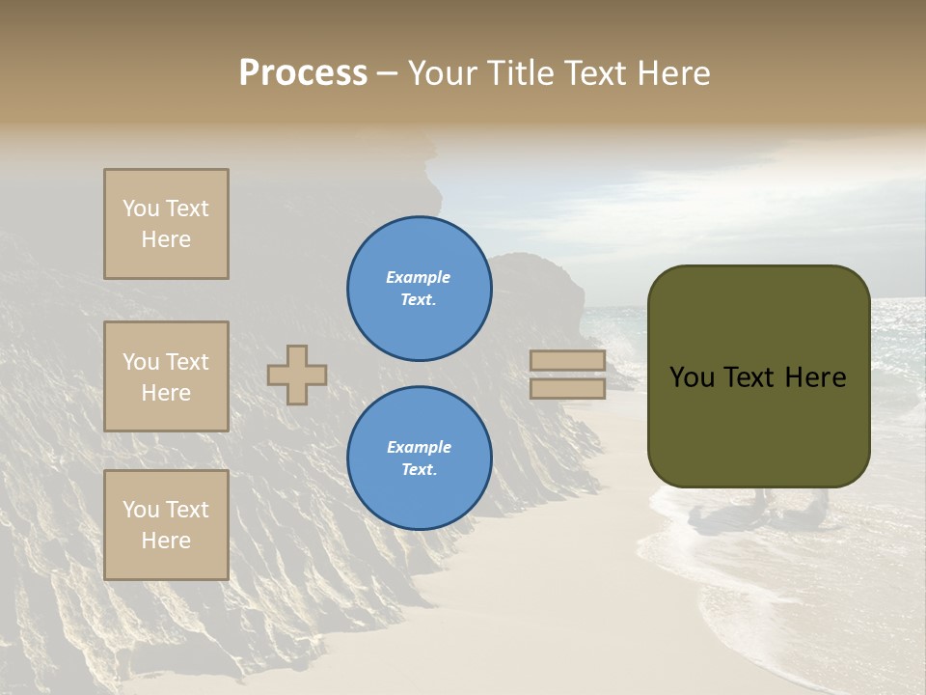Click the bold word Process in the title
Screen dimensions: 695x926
pos(303,73)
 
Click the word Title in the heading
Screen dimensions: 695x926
pos(521,73)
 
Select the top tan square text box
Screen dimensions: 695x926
pos(166,224)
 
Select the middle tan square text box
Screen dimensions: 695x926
pos(166,376)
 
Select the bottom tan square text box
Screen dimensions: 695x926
pos(166,525)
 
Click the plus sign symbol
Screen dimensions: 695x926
pos(297,375)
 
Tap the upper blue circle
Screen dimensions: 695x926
pos(420,289)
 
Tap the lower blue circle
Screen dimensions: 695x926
pos(420,459)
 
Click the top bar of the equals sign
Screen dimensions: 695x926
pos(567,361)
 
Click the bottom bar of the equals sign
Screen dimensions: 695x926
pos(567,389)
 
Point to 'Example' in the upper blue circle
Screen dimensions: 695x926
pos(419,277)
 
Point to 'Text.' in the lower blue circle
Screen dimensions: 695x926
pos(419,470)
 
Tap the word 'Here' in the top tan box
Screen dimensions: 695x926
pos(166,239)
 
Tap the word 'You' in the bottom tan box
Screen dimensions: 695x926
pos(141,510)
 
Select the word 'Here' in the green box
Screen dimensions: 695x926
pos(817,377)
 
